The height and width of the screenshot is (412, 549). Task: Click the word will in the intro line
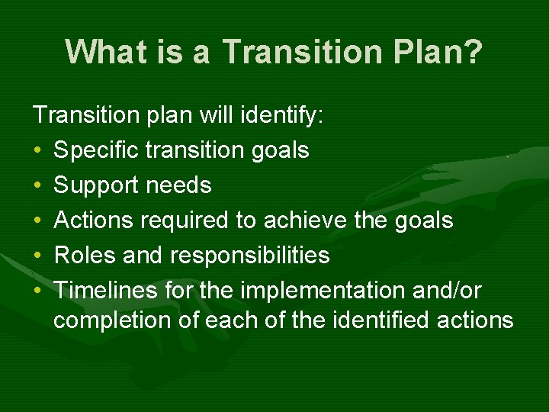[x=221, y=116]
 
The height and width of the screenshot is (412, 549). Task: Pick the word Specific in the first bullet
[x=97, y=150]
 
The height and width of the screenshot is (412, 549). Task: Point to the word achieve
[x=304, y=220]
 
